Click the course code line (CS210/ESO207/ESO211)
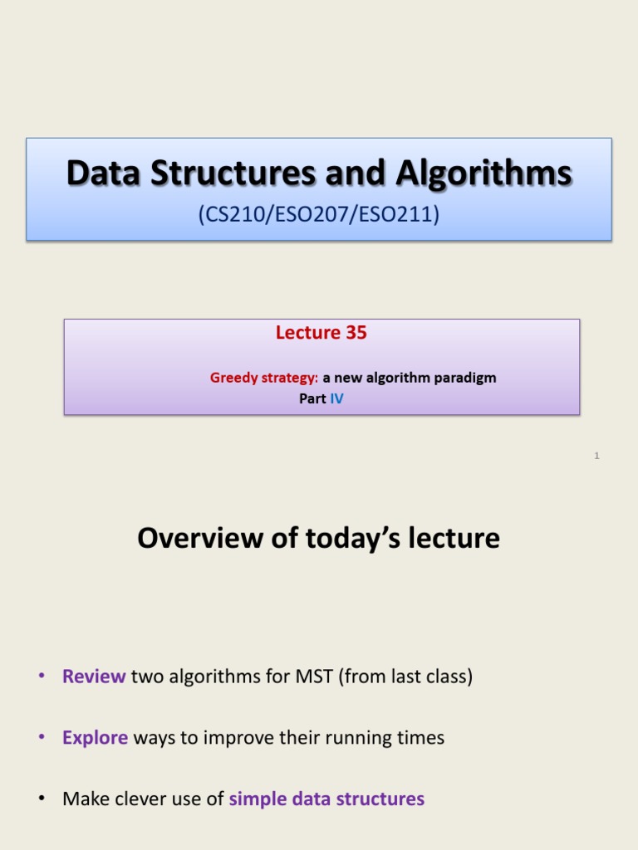pos(319,215)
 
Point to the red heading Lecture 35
pos(321,333)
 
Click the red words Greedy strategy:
pos(264,378)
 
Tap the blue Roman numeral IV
pos(336,399)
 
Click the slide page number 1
pos(596,456)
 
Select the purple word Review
pos(94,677)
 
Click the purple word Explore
pos(95,737)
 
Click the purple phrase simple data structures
pos(326,799)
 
